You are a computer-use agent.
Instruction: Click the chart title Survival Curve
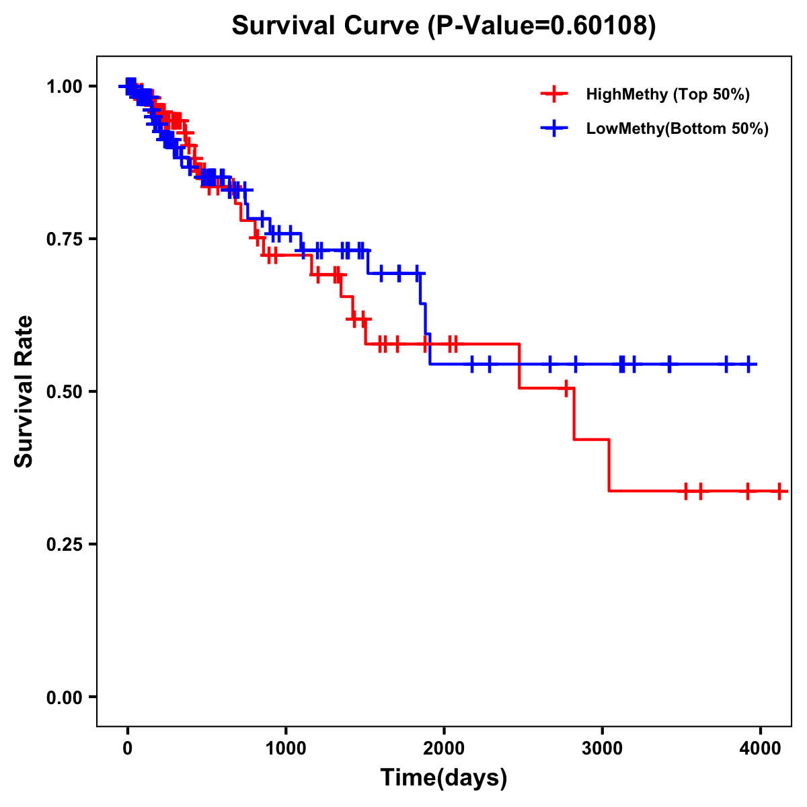pyautogui.click(x=328, y=26)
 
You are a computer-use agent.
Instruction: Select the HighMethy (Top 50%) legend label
pyautogui.click(x=667, y=94)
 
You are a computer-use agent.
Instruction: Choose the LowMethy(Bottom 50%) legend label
pyautogui.click(x=677, y=129)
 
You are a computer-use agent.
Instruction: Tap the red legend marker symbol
pyautogui.click(x=554, y=94)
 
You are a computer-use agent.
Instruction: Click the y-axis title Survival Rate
pyautogui.click(x=24, y=391)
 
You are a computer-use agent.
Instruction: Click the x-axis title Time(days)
pyautogui.click(x=444, y=778)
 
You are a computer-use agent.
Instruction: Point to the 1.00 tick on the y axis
pyautogui.click(x=64, y=86)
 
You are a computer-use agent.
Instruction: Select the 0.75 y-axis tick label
pyautogui.click(x=64, y=239)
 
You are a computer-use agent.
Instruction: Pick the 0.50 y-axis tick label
pyautogui.click(x=64, y=391)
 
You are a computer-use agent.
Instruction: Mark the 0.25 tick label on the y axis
pyautogui.click(x=64, y=544)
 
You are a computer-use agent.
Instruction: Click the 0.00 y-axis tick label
pyautogui.click(x=64, y=697)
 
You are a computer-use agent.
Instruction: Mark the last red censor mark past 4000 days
pyautogui.click(x=779, y=491)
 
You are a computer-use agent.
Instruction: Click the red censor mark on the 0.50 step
pyautogui.click(x=567, y=388)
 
